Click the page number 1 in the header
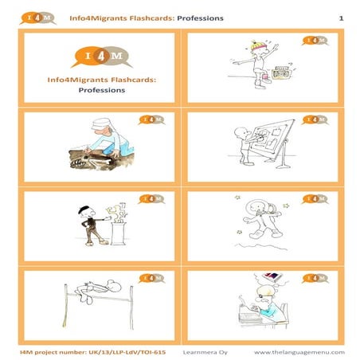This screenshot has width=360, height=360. click(x=341, y=17)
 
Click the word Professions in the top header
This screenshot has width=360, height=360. click(x=200, y=17)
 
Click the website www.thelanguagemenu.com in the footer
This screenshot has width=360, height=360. click(x=299, y=351)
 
